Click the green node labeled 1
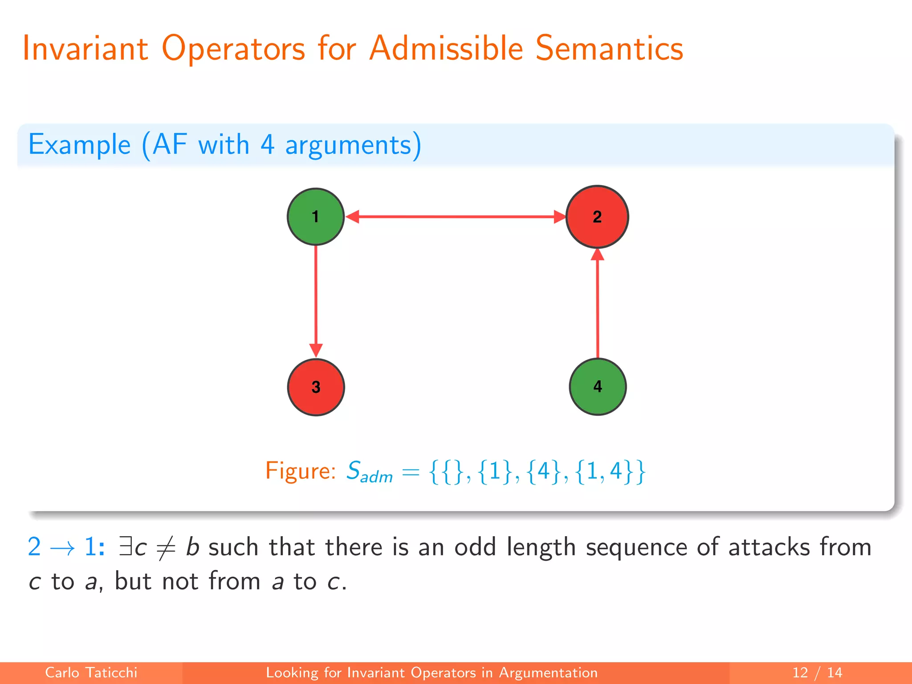tap(315, 217)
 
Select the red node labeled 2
tap(597, 217)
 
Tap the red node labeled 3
tap(315, 387)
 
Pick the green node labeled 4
tap(598, 387)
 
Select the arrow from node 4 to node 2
tap(597, 307)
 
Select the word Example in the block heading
tap(79, 145)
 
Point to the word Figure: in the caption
tap(300, 471)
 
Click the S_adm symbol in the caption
tap(369, 472)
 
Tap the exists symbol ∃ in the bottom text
tap(126, 547)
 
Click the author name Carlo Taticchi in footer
tap(91, 672)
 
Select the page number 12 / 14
tap(817, 672)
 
